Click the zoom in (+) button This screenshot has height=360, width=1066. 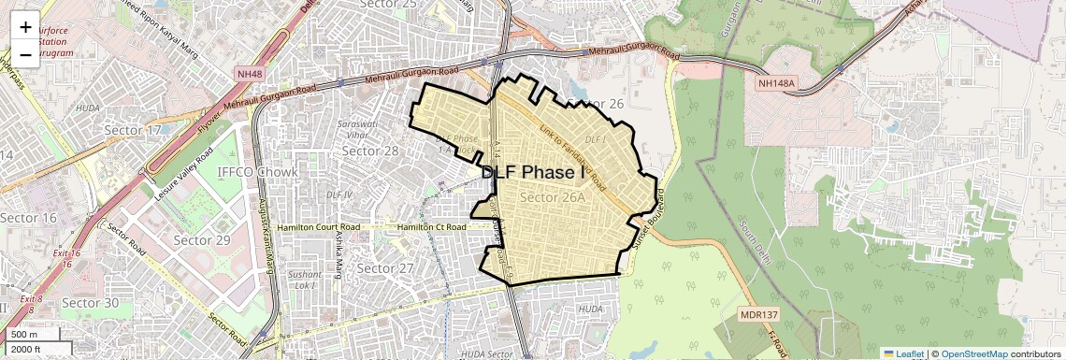(25, 27)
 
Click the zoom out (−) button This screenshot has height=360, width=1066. (25, 55)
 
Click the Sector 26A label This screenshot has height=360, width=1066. (553, 197)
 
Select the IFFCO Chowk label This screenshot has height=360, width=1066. (257, 172)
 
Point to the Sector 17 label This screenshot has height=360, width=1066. (131, 130)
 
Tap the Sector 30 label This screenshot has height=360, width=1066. (90, 303)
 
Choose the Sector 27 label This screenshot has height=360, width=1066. (385, 268)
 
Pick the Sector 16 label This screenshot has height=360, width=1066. (28, 218)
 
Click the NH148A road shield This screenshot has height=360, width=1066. (776, 84)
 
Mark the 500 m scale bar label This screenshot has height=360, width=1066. (24, 335)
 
